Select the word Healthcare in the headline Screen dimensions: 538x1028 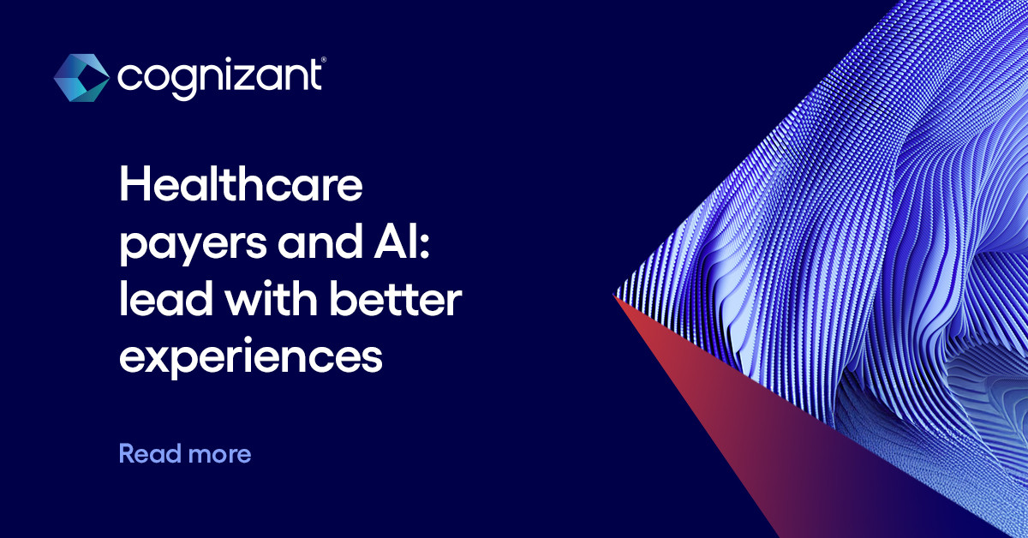241,187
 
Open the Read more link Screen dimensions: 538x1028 184,453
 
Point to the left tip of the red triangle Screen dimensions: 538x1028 616,296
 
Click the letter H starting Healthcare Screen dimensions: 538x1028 134,187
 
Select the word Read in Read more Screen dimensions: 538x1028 145,453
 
